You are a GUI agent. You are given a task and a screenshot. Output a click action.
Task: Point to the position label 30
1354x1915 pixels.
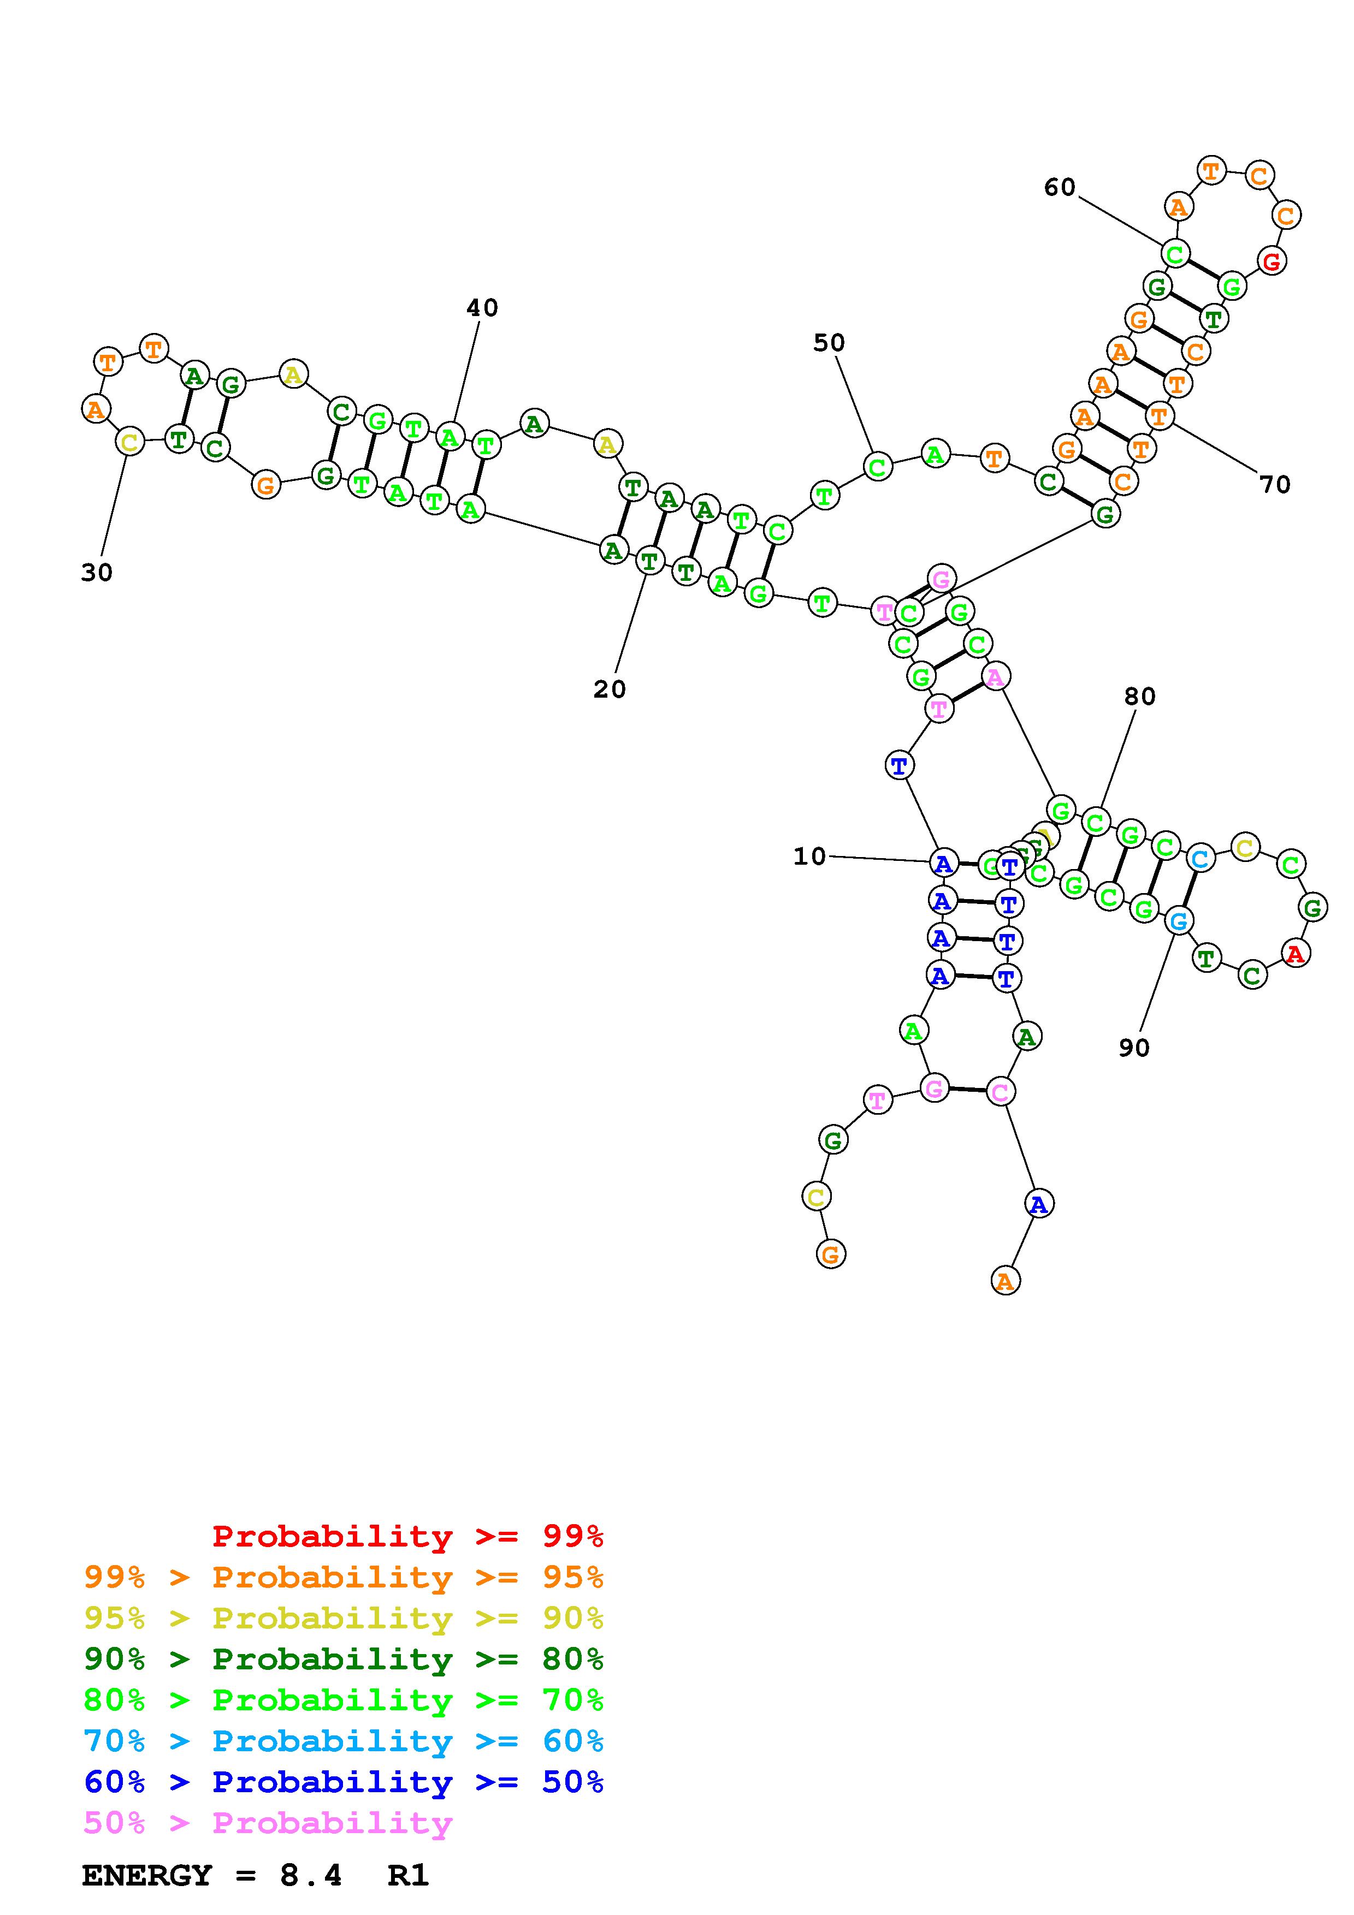click(97, 573)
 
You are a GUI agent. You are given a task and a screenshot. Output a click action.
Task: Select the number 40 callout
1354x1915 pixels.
click(482, 308)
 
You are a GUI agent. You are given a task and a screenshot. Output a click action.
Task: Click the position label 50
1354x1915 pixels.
click(829, 343)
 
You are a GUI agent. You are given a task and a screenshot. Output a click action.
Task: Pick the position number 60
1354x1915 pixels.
click(1060, 188)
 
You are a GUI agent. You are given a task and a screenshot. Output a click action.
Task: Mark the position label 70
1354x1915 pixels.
click(1275, 485)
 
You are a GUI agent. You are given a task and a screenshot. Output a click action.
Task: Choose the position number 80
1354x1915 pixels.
click(1139, 697)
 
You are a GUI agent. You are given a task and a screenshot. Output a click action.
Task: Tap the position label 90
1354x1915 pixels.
click(1134, 1049)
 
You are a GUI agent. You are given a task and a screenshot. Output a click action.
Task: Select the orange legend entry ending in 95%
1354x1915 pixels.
click(344, 1577)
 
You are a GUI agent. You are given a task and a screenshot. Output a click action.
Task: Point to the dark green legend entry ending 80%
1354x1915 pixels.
click(344, 1659)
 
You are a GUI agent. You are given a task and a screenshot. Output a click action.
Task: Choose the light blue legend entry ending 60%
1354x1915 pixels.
click(344, 1741)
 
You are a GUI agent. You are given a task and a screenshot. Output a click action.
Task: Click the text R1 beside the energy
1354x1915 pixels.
click(408, 1876)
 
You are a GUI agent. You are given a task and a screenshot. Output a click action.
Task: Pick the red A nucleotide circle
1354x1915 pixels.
click(1295, 953)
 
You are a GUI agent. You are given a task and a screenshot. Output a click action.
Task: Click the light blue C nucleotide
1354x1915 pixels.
click(1199, 858)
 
